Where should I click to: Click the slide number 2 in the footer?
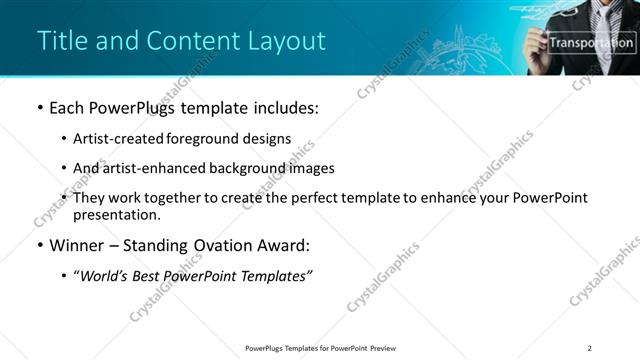(590, 348)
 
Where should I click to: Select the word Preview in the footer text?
(389, 348)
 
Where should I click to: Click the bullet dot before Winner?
(39, 245)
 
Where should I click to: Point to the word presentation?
(116, 215)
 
